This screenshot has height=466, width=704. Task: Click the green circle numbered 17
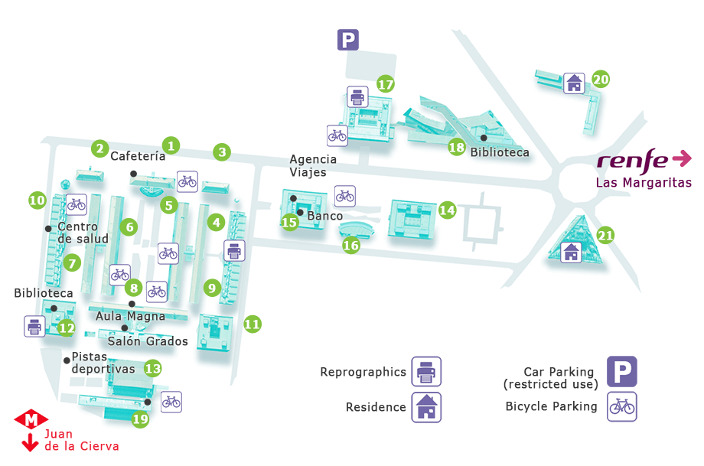(386, 84)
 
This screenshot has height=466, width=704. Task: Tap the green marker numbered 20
(601, 79)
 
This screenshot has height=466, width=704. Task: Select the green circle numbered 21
(605, 236)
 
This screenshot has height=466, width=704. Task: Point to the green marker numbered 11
(253, 324)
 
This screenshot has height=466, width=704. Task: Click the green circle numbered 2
(99, 148)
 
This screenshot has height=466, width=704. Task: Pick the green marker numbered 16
(350, 246)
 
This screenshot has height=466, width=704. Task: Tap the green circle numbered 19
(140, 419)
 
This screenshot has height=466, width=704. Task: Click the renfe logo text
(632, 160)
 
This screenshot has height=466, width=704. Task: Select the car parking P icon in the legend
(622, 371)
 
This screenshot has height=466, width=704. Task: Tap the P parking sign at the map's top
(348, 40)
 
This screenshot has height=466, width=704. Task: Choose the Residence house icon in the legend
(426, 407)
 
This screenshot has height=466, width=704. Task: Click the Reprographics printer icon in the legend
(426, 372)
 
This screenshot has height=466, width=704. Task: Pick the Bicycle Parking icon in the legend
(622, 406)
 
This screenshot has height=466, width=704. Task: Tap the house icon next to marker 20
(574, 83)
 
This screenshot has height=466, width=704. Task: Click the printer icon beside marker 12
(34, 326)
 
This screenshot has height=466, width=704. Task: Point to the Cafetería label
(138, 156)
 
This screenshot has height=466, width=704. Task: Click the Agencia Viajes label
(313, 165)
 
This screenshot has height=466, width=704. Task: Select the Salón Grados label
(148, 341)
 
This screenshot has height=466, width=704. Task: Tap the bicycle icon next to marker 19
(171, 401)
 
